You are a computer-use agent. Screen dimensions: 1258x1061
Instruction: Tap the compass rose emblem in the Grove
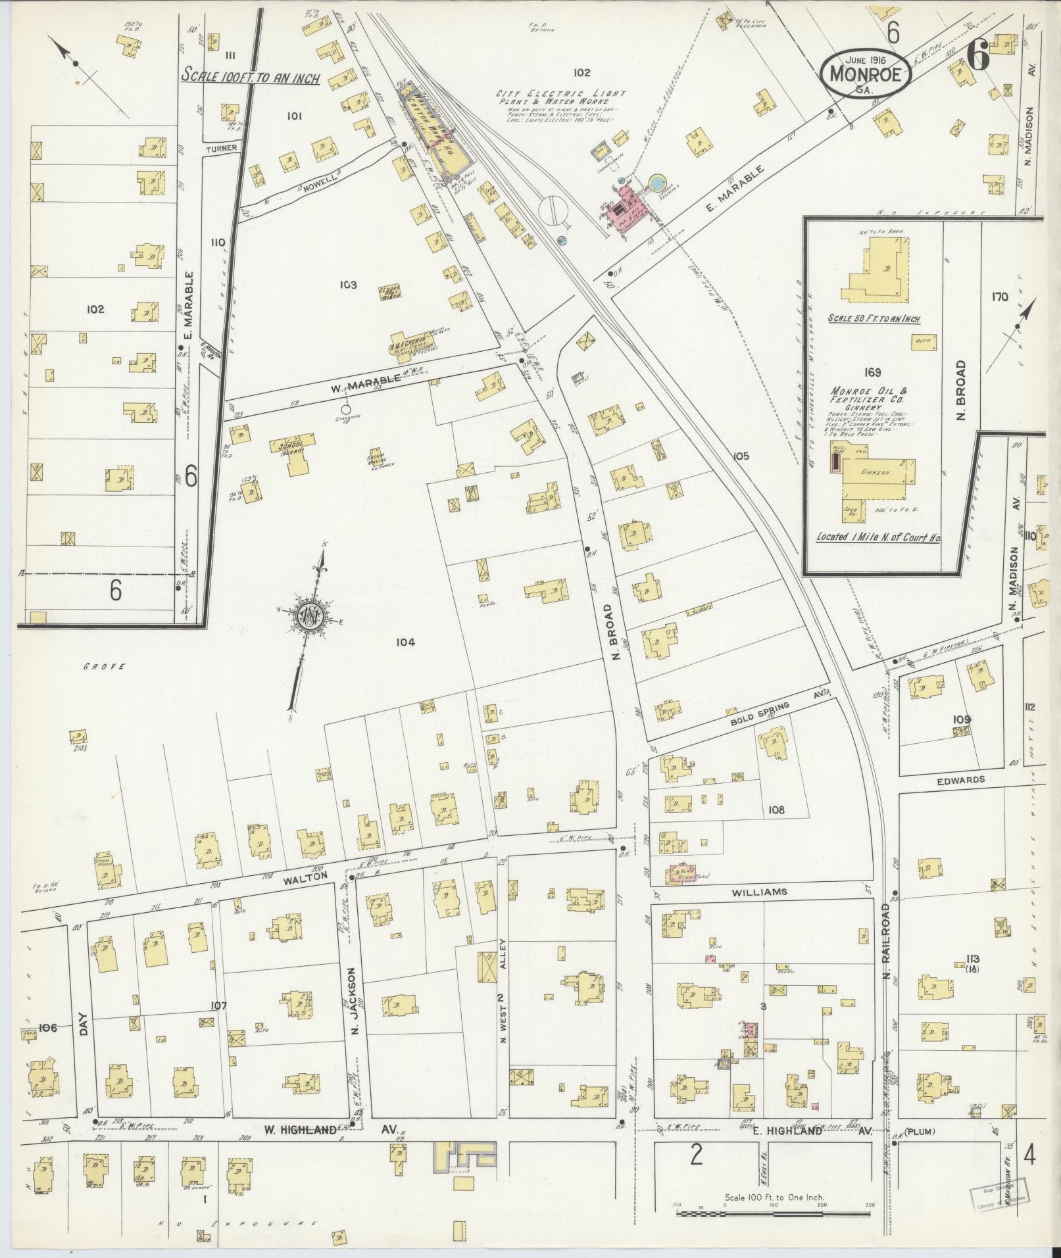[308, 616]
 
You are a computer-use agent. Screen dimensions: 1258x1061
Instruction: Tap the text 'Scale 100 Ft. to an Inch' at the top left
[250, 77]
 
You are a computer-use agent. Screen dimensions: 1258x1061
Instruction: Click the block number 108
[776, 810]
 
